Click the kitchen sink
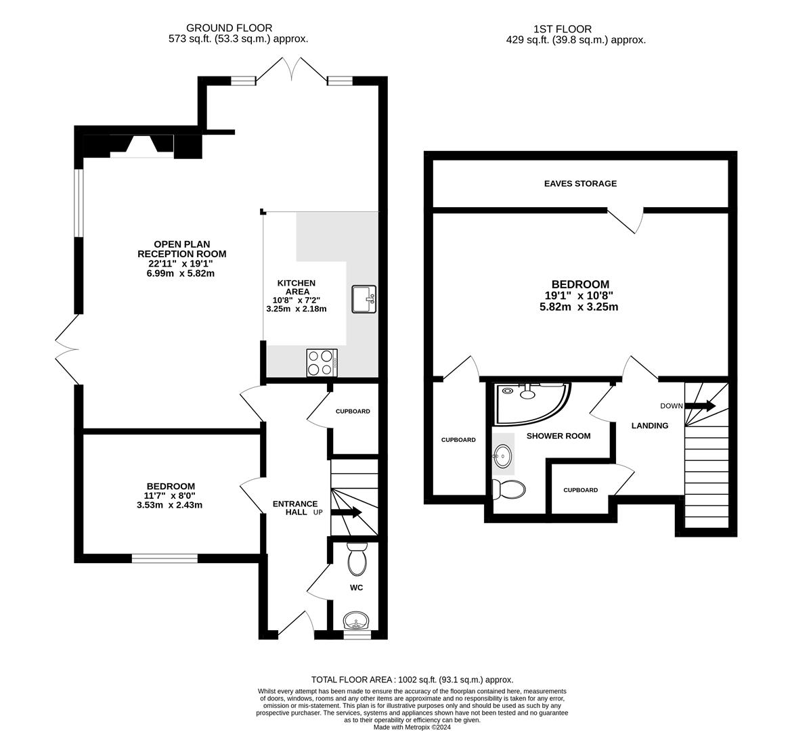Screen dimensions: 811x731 pos(364,298)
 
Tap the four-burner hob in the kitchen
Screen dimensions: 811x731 pos(322,362)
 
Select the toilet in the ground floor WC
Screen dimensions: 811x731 pos(357,559)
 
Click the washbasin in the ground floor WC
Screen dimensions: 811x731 pos(356,620)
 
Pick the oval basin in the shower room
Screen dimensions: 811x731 pos(502,455)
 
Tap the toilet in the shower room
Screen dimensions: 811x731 pos(508,489)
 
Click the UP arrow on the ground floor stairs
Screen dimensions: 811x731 pos(346,512)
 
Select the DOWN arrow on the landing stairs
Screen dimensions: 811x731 pos(700,406)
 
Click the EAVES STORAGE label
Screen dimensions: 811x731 pos(580,183)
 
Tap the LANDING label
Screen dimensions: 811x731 pos(650,426)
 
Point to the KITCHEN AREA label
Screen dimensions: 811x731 pos(297,287)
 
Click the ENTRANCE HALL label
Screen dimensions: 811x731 pos(294,508)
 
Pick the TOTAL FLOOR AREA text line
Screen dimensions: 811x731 pos(412,680)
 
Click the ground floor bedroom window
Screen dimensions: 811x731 pos(165,558)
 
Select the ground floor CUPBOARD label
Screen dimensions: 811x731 pos(353,412)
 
